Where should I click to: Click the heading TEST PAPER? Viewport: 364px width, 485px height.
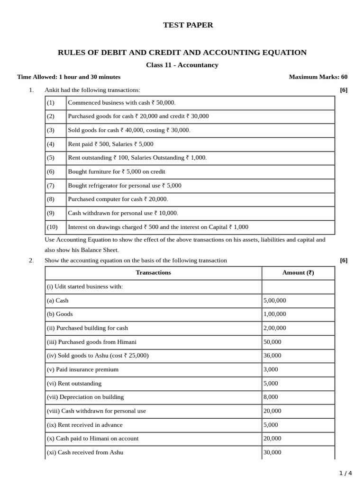[x=182, y=25]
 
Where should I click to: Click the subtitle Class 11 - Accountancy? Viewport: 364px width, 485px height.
[x=182, y=65]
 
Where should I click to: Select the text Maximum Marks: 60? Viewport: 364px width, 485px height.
[x=318, y=77]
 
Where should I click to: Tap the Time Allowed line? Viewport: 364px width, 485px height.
[x=69, y=77]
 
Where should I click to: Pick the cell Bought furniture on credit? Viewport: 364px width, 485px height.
[x=117, y=172]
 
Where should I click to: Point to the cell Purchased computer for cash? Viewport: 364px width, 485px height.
[x=118, y=199]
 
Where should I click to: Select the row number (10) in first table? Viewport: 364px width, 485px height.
[x=52, y=227]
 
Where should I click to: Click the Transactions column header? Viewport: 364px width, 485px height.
[x=153, y=273]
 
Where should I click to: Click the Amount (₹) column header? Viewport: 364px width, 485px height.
[x=298, y=273]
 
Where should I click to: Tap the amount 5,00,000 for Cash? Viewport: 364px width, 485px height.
[x=275, y=300]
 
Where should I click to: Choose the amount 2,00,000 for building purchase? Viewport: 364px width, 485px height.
[x=275, y=328]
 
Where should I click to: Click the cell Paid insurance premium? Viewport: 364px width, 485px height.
[x=82, y=369]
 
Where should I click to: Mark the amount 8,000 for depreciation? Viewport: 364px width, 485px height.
[x=271, y=397]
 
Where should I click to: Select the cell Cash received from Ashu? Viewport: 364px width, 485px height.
[x=85, y=452]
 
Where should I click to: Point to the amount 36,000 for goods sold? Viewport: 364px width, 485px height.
[x=272, y=356]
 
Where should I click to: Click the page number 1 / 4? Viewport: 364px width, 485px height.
[x=346, y=473]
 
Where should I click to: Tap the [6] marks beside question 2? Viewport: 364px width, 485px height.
[x=344, y=260]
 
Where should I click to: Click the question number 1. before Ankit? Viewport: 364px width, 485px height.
[x=31, y=90]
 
